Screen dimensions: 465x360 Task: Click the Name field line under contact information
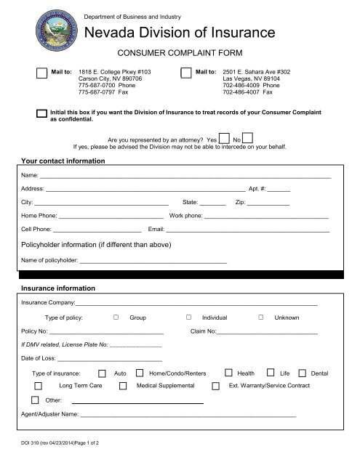click(185, 177)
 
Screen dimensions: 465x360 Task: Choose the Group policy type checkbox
click(116, 318)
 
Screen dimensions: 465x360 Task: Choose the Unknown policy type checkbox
click(261, 318)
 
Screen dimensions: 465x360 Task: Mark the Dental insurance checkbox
click(303, 372)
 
